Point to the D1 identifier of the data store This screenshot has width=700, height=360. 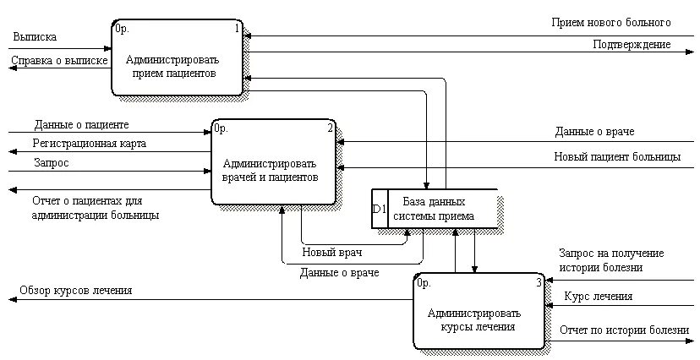pos(380,209)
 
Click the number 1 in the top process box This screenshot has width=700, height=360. pos(238,29)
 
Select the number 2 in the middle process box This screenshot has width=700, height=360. pos(331,128)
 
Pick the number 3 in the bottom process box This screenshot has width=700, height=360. pos(539,283)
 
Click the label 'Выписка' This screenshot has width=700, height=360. pos(36,37)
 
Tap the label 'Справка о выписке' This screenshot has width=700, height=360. pos(58,61)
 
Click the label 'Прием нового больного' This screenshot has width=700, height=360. pos(611,22)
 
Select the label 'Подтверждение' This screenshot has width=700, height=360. pos(632,44)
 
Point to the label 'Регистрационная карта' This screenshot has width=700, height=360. pos(90,144)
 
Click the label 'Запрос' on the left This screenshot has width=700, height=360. pos(52,161)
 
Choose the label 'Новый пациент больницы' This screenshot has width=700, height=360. pos(617,156)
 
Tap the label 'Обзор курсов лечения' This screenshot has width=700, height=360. pos(76,291)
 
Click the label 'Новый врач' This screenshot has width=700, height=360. pos(331,253)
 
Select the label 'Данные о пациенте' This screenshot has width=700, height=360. pos(81,125)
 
